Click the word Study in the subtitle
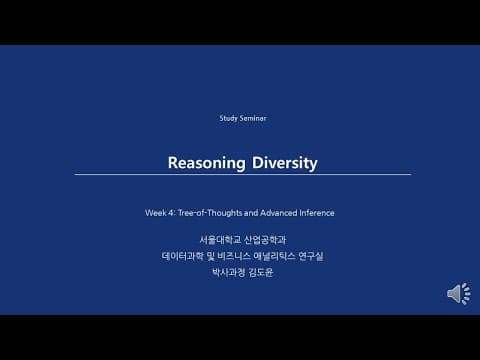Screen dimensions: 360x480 [229, 118]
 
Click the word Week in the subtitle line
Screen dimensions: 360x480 [155, 213]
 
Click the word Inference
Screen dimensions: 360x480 [316, 213]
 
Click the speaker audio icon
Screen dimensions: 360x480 [458, 294]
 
